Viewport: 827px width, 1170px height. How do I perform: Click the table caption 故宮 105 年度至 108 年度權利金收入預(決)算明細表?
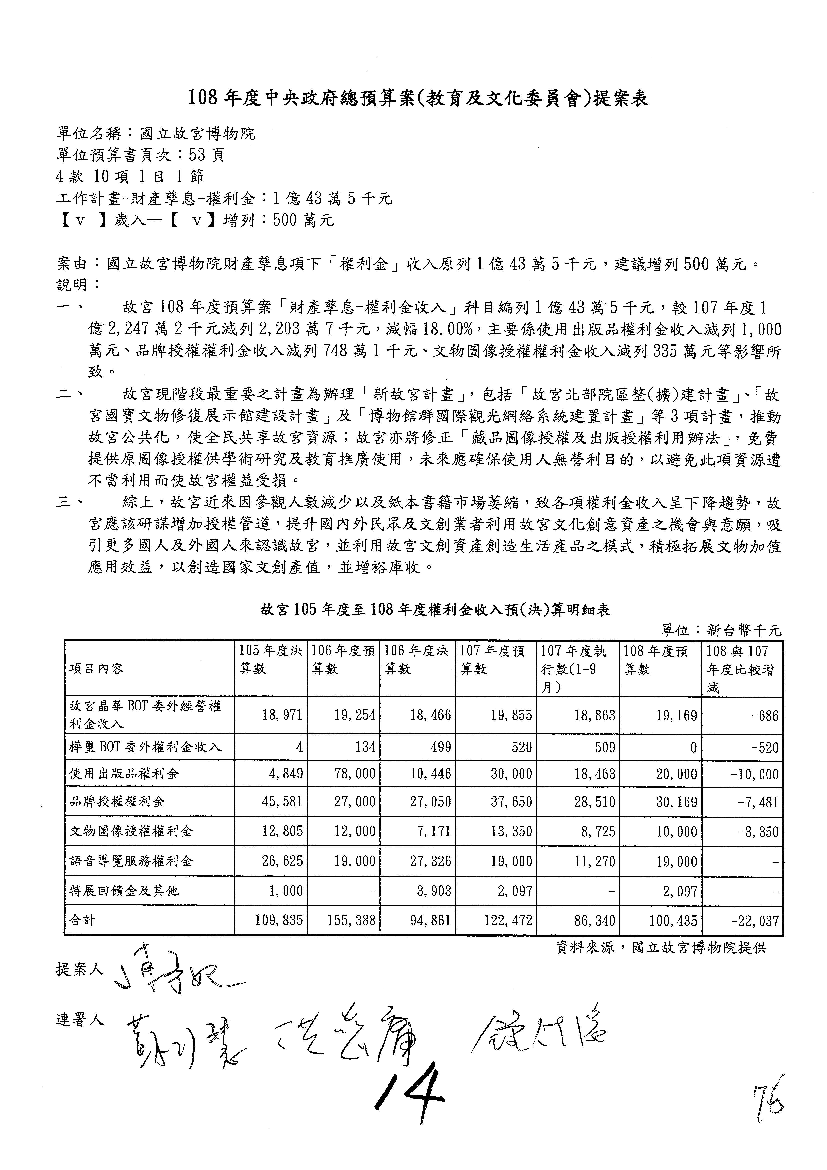(435, 610)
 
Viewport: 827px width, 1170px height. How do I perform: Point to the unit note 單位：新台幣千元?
(721, 631)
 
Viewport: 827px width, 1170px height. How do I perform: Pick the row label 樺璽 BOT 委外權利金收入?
(145, 747)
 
